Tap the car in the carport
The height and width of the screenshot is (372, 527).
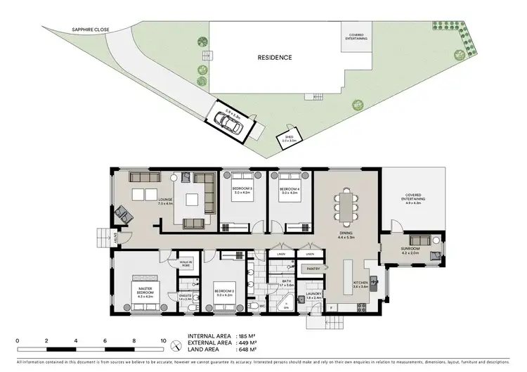228,122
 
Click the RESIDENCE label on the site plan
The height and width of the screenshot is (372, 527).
275,58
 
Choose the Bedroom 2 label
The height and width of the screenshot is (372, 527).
223,293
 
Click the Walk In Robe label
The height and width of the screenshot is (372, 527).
186,264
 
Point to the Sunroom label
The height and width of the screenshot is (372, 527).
410,249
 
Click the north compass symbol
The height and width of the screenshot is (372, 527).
176,345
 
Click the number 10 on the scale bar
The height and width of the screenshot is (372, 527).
163,340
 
